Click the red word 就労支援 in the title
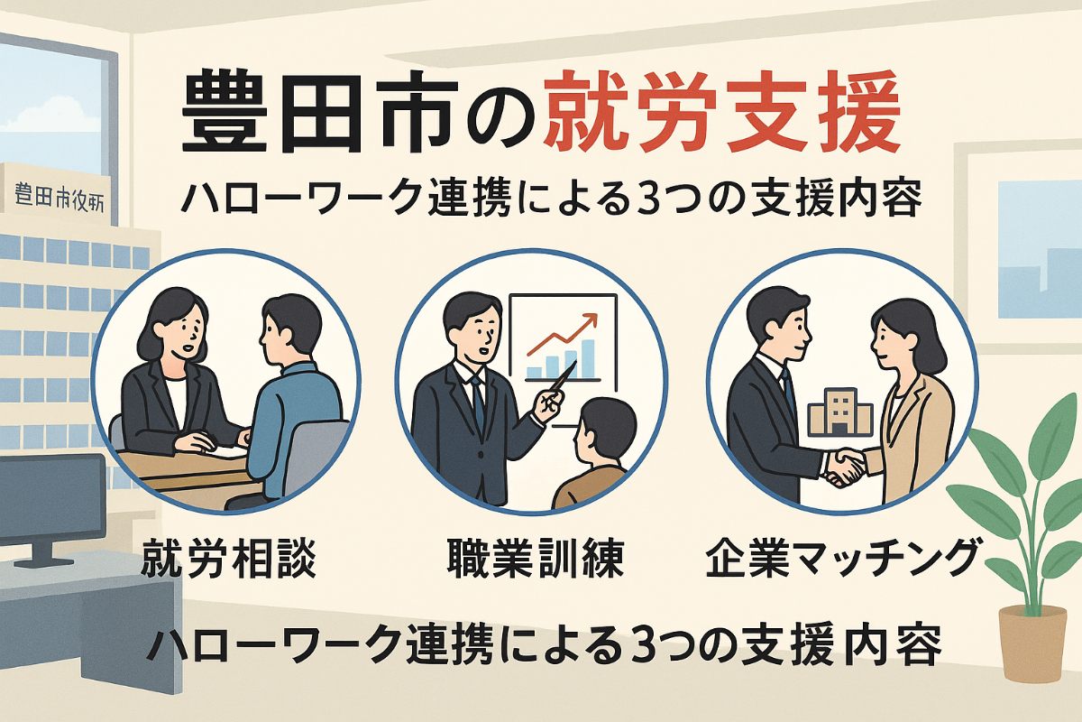coord(722,118)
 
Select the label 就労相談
coord(228,560)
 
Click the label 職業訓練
coord(536,560)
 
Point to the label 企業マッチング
coord(839,560)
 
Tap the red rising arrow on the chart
coord(562,334)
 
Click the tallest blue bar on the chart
coord(587,358)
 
